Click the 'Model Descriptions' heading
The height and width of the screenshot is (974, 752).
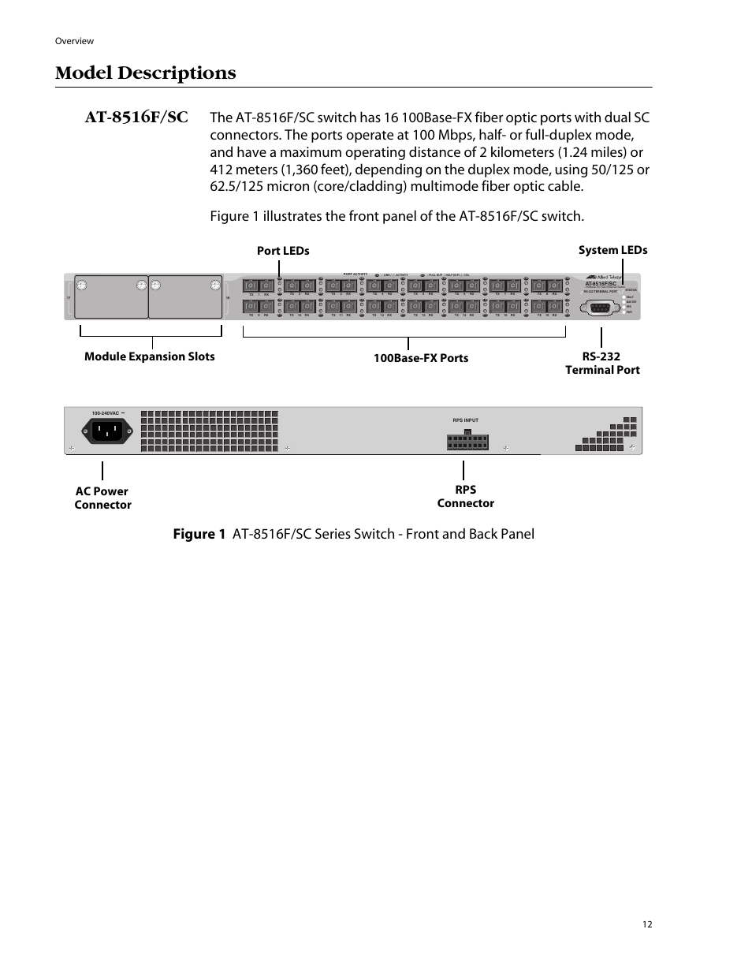point(146,73)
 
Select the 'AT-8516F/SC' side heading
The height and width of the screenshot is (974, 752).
point(136,118)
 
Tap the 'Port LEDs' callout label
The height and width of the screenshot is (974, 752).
point(283,251)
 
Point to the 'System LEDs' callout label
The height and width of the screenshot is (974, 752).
point(612,250)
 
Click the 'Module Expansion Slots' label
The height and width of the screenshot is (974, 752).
point(149,356)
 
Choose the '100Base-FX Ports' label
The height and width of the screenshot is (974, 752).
point(421,358)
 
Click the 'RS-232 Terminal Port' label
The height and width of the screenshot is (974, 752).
point(602,363)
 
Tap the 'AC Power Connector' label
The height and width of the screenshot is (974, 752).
point(102,498)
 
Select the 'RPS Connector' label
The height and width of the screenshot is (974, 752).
point(465,496)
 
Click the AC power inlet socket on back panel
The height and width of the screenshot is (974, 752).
point(104,431)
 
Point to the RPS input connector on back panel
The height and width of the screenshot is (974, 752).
point(467,441)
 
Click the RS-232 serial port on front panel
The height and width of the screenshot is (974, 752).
point(602,308)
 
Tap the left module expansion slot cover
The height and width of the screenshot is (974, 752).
point(111,297)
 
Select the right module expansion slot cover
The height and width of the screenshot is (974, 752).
point(185,297)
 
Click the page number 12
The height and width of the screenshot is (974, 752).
point(647,924)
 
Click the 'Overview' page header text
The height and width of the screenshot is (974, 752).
point(75,41)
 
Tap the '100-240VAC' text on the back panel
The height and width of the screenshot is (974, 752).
point(106,413)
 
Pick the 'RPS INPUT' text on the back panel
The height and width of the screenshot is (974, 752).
point(466,420)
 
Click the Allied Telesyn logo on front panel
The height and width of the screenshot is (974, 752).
point(604,277)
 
